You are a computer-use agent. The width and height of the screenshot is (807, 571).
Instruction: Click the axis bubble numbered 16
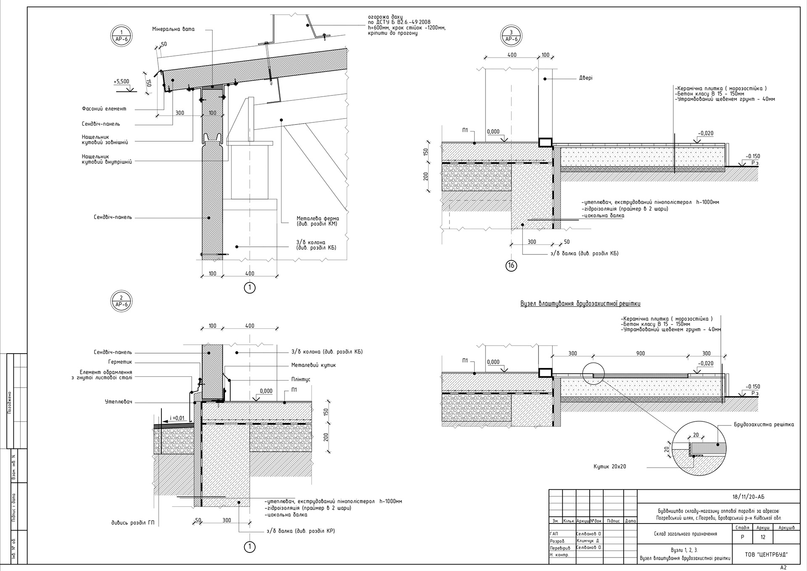(x=511, y=266)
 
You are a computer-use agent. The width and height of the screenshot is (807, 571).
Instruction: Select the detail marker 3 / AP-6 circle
(x=511, y=36)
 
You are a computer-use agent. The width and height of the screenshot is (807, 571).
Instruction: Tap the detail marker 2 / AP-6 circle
(x=121, y=301)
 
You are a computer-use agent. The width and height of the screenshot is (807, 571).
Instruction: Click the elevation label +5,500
(x=121, y=82)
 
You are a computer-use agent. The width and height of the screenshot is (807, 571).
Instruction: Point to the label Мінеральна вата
(x=173, y=29)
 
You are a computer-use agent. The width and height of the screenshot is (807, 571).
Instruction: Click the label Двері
(x=585, y=78)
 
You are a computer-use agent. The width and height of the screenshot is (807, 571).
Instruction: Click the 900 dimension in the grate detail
(x=641, y=354)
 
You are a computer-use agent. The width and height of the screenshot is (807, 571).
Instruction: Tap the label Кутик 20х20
(x=610, y=467)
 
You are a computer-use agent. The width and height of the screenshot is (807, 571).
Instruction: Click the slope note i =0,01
(x=177, y=418)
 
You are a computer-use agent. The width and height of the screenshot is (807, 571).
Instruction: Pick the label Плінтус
(x=301, y=379)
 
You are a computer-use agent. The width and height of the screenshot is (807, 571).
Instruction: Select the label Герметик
(x=120, y=362)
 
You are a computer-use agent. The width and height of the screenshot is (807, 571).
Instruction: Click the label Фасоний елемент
(x=104, y=109)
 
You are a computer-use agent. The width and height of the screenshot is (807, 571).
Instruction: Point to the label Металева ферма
(x=317, y=219)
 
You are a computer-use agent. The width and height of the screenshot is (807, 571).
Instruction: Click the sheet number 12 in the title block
(x=763, y=537)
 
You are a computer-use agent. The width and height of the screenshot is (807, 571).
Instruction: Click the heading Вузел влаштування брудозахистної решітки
(x=580, y=304)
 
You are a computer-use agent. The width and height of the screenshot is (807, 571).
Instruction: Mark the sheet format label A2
(x=783, y=567)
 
